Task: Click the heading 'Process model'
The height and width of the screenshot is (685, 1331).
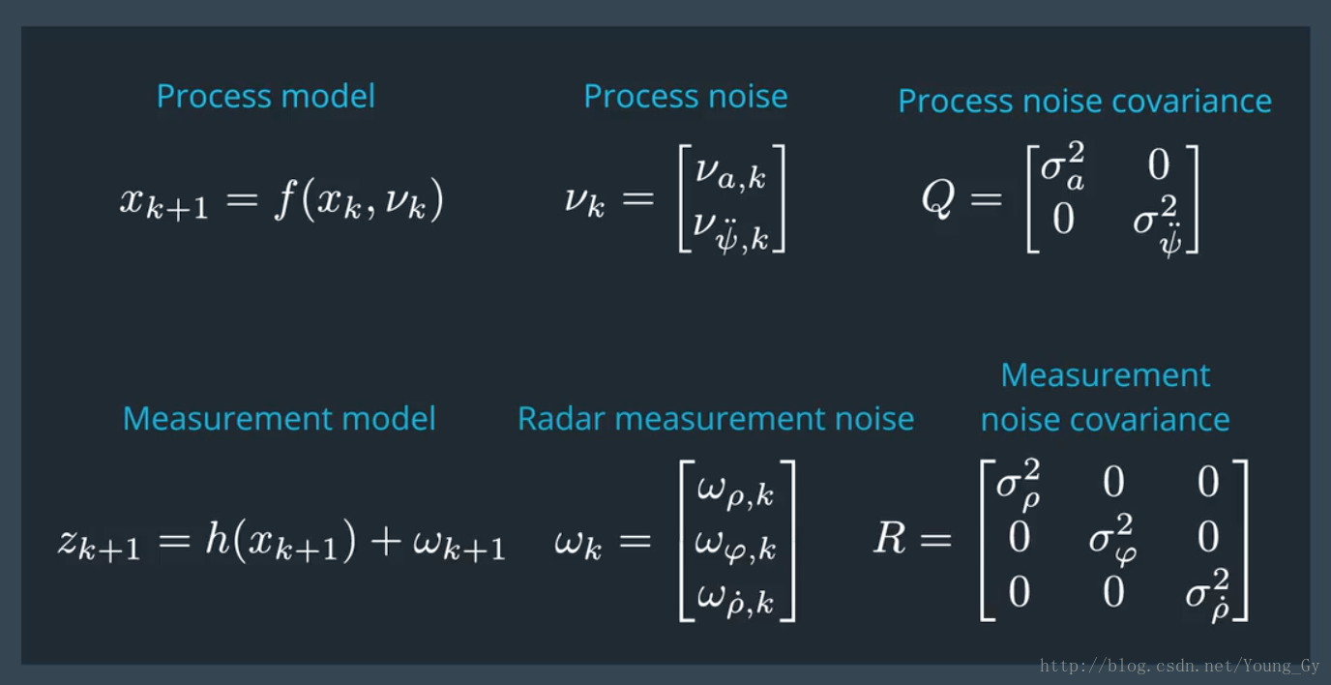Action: (x=265, y=97)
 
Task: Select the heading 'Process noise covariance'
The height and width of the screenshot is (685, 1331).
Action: (x=1084, y=101)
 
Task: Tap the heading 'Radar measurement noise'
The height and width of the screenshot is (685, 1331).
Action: (x=715, y=419)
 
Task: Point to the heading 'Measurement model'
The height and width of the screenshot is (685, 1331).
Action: (x=279, y=419)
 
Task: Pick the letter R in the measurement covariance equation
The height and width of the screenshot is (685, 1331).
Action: (x=890, y=539)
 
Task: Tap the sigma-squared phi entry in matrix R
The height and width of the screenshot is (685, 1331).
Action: (x=1112, y=538)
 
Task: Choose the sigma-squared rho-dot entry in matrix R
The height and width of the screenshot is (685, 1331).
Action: (x=1207, y=593)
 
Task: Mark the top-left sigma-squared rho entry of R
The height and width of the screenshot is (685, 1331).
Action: (x=1018, y=483)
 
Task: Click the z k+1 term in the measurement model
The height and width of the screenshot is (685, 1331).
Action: (x=99, y=544)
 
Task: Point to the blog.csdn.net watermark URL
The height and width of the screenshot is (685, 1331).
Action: (x=1179, y=666)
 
